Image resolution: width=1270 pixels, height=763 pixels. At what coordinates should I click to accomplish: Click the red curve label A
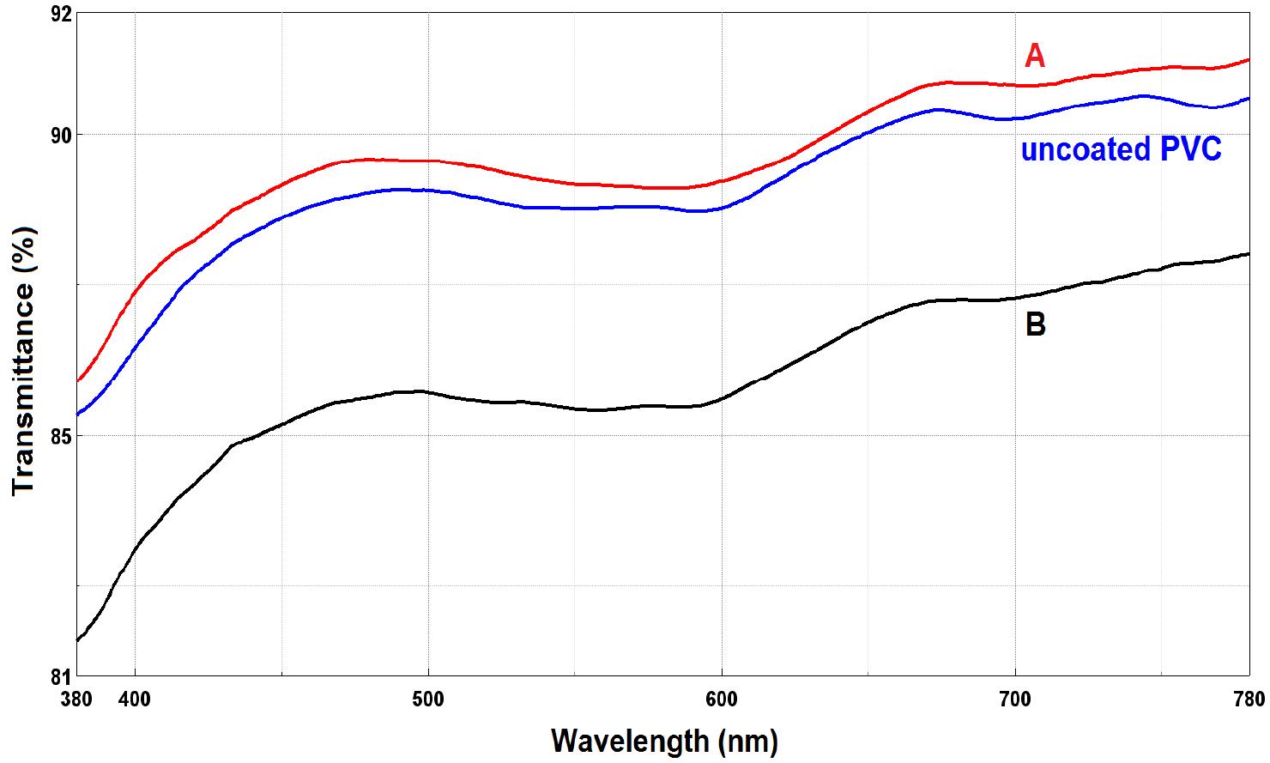pyautogui.click(x=1035, y=57)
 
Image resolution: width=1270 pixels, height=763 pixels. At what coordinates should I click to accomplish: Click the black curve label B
pyautogui.click(x=1036, y=325)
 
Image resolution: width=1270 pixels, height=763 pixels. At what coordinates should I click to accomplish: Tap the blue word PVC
pyautogui.click(x=1190, y=149)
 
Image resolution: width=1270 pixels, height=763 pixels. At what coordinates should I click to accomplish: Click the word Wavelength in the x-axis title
pyautogui.click(x=630, y=740)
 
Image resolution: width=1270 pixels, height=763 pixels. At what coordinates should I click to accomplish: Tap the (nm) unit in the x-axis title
pyautogui.click(x=748, y=740)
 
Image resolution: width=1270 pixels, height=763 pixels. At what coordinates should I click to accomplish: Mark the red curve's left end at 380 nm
pyautogui.click(x=78, y=380)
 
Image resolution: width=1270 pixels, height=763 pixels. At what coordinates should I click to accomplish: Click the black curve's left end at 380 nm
pyautogui.click(x=78, y=639)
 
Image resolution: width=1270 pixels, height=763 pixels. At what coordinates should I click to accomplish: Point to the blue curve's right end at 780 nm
pyautogui.click(x=1249, y=99)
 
